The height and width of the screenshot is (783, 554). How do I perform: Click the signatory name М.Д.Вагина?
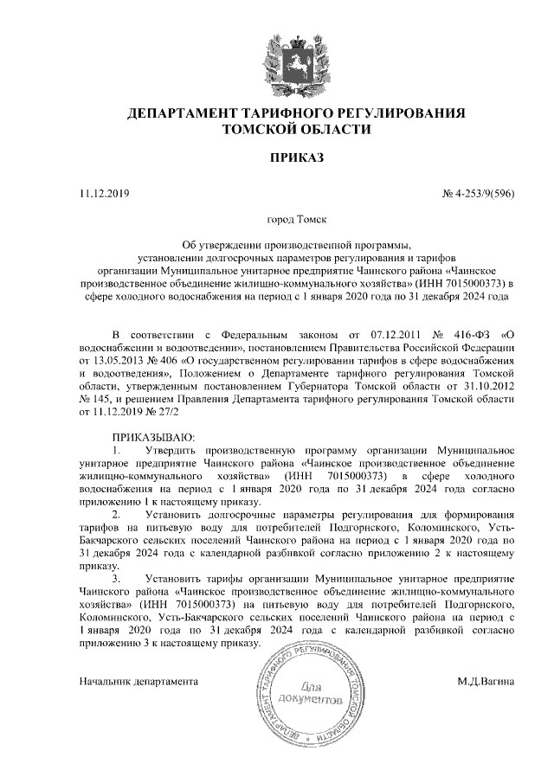[x=486, y=681]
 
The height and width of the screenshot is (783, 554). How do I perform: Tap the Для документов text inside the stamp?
[x=324, y=690]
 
